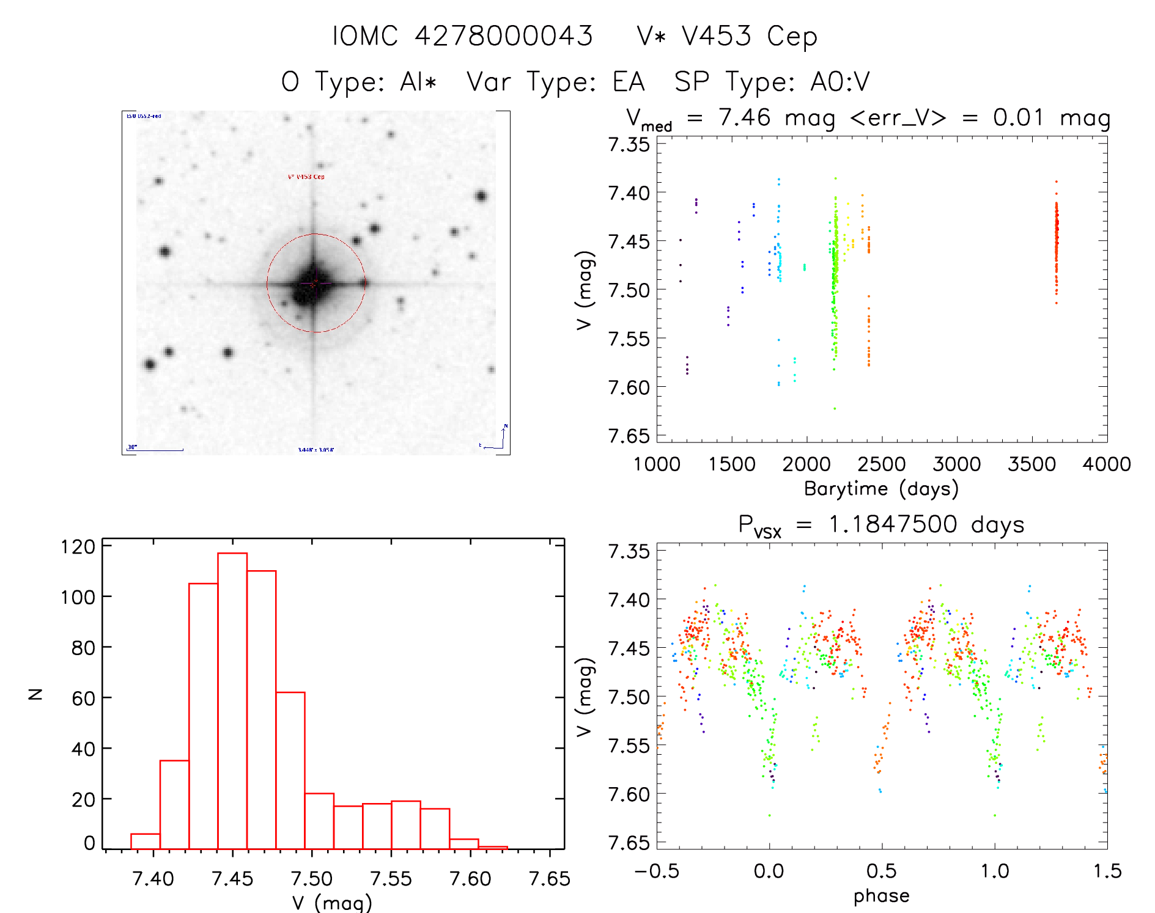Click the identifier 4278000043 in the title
point(504,36)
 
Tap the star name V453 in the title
point(716,36)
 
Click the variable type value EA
point(629,82)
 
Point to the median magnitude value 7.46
point(745,117)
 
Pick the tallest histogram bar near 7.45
point(232,700)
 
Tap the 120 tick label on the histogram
point(78,546)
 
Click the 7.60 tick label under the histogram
point(470,879)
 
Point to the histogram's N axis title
point(36,694)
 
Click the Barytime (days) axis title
point(881,489)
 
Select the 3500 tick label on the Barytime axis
point(1031,464)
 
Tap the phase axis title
point(881,896)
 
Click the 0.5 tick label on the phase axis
point(881,871)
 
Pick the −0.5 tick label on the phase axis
point(656,871)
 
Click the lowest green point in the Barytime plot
point(835,408)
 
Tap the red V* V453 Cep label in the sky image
point(306,177)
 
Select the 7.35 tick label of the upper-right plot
point(629,145)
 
